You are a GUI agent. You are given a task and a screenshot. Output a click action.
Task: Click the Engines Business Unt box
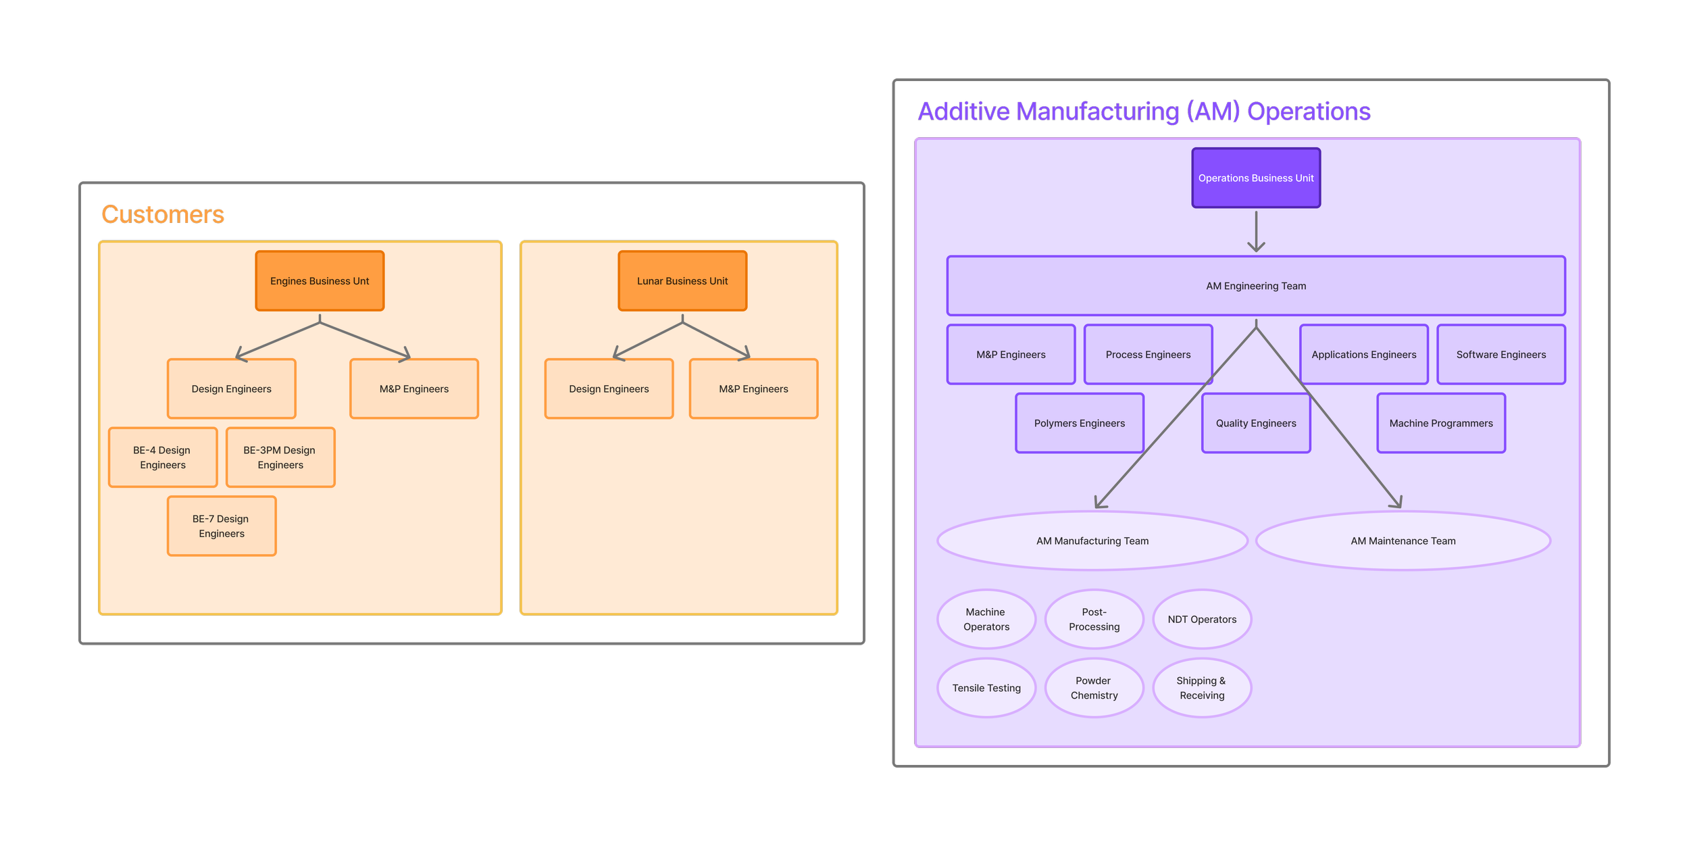tap(320, 281)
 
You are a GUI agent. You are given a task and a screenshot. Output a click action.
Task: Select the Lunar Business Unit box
tap(682, 281)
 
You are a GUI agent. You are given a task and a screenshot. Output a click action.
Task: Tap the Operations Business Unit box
tap(1256, 178)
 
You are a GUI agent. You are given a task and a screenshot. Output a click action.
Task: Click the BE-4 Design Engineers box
tap(163, 457)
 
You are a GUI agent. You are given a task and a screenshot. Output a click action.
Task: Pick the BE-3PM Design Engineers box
tap(280, 457)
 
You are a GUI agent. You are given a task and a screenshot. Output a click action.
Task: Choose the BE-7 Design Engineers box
tap(222, 526)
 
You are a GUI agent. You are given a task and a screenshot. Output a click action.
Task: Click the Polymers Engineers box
tap(1079, 424)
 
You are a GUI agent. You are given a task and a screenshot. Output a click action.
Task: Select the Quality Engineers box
tap(1256, 424)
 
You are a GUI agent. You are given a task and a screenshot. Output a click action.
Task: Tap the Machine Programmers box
tap(1441, 424)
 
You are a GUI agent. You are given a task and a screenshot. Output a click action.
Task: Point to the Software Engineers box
tap(1501, 355)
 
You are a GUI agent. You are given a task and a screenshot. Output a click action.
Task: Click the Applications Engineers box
tap(1363, 355)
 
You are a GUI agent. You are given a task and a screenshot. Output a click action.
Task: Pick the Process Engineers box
tap(1148, 355)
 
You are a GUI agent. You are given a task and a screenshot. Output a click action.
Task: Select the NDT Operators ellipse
tap(1202, 620)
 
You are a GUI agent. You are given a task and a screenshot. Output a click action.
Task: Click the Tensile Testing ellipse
tap(986, 689)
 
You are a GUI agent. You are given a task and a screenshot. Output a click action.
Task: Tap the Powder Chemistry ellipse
tap(1094, 689)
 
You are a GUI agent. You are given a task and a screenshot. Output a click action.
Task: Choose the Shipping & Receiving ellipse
tap(1202, 689)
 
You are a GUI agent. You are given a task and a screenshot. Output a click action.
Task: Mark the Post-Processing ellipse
tap(1094, 620)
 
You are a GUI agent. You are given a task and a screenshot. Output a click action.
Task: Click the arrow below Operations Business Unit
tap(1256, 232)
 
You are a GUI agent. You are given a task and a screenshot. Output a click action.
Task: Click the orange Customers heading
tap(163, 215)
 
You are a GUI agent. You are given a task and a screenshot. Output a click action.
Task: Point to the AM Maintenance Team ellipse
tap(1403, 541)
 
